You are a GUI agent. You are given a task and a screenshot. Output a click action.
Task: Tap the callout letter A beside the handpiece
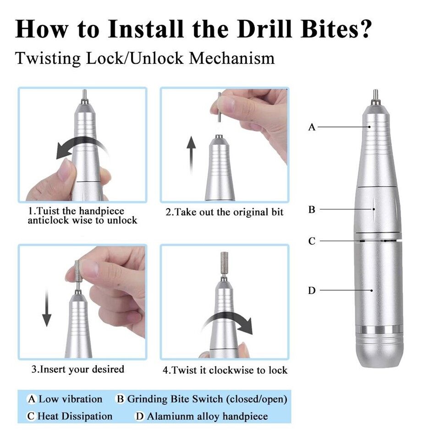[312, 127]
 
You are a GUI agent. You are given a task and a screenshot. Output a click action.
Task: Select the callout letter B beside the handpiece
[312, 210]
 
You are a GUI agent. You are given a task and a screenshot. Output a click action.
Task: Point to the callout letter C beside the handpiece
[312, 241]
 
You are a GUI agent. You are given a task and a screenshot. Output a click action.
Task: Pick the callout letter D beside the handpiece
[312, 291]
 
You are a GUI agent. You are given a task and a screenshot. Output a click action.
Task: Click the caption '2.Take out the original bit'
[224, 212]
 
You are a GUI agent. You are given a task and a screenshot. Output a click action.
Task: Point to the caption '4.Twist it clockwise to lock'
[225, 370]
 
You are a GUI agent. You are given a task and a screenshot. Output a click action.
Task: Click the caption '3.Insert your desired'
[77, 369]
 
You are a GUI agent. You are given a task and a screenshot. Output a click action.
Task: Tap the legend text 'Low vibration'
[70, 399]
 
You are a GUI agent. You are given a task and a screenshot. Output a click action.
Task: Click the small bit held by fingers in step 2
[219, 107]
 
